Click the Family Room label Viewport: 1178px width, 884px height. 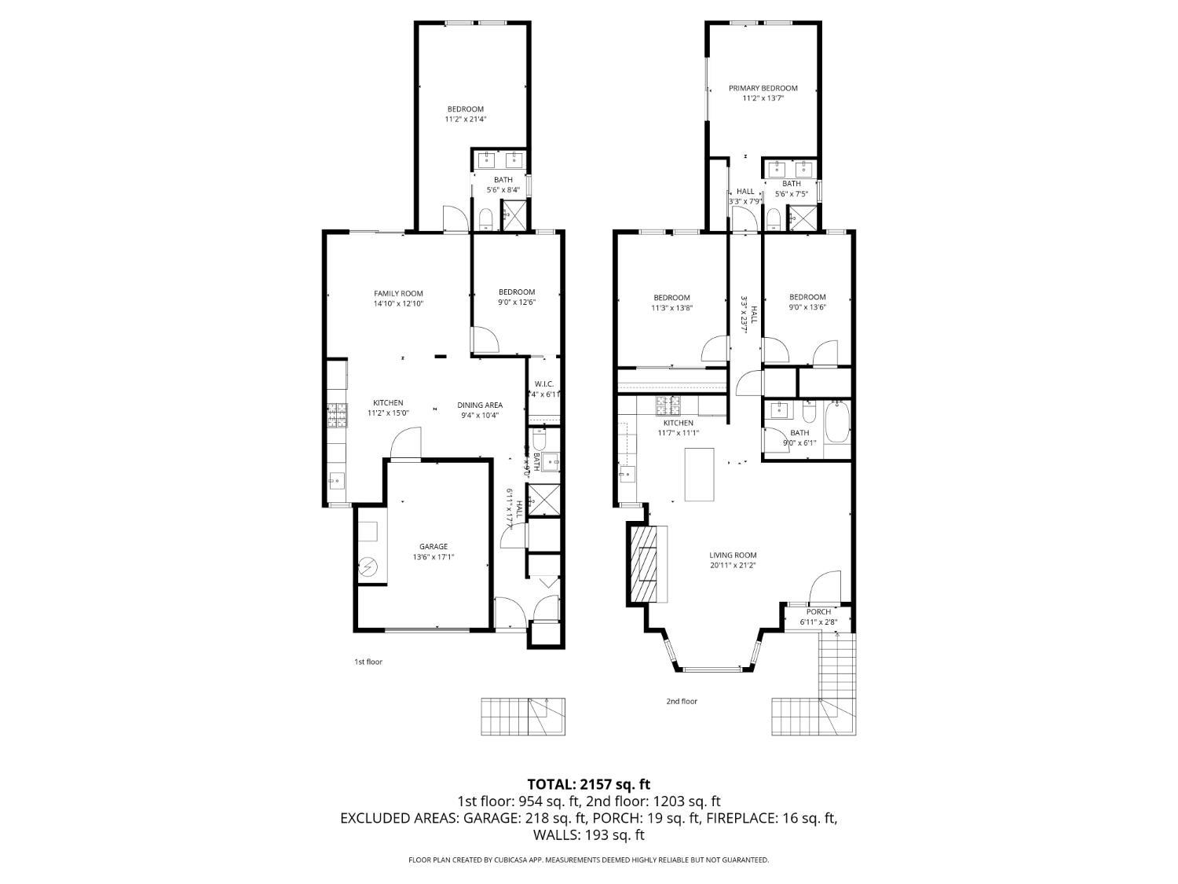(x=398, y=293)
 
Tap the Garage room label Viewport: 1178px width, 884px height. (x=433, y=546)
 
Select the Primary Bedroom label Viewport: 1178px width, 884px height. (x=763, y=88)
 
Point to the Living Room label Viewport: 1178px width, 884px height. (x=733, y=555)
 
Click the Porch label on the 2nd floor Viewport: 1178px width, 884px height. (x=818, y=611)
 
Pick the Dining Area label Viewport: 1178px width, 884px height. (x=479, y=405)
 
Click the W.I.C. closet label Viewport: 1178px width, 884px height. (x=543, y=384)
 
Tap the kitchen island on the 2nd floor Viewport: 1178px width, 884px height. (x=700, y=474)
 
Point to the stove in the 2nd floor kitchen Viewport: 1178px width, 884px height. (x=668, y=405)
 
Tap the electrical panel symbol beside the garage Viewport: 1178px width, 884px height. (x=368, y=567)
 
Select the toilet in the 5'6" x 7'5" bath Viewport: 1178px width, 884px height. (x=773, y=218)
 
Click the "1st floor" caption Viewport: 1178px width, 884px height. (x=368, y=662)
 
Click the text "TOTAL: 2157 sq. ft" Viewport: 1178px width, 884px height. (x=588, y=784)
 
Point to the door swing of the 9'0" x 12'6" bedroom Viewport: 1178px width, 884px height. (x=485, y=340)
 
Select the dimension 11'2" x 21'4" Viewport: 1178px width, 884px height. (x=466, y=119)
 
